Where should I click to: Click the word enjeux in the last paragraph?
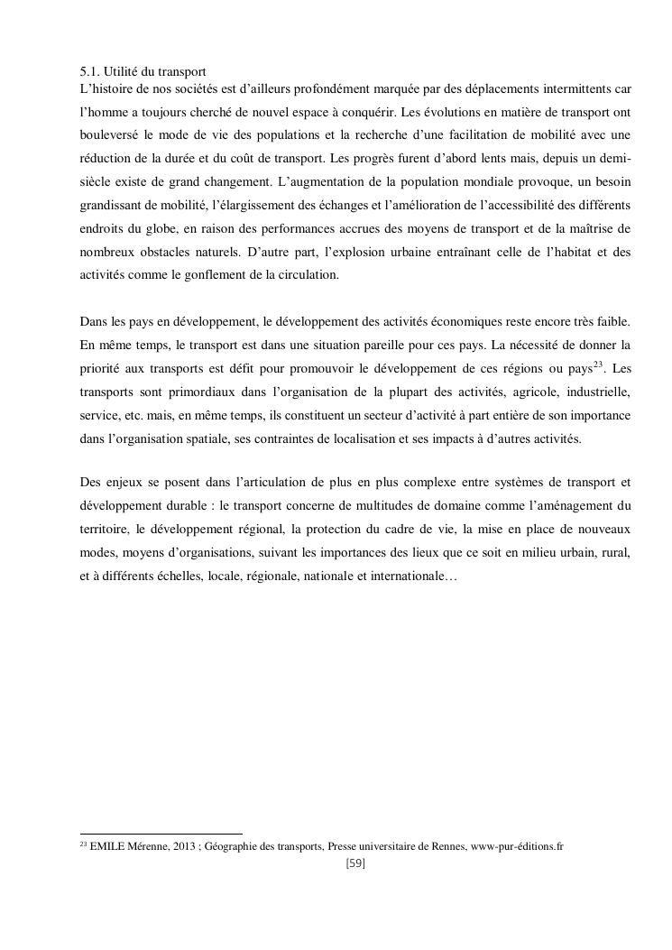click(121, 480)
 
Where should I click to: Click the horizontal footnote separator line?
click(161, 834)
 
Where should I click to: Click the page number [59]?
click(354, 863)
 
